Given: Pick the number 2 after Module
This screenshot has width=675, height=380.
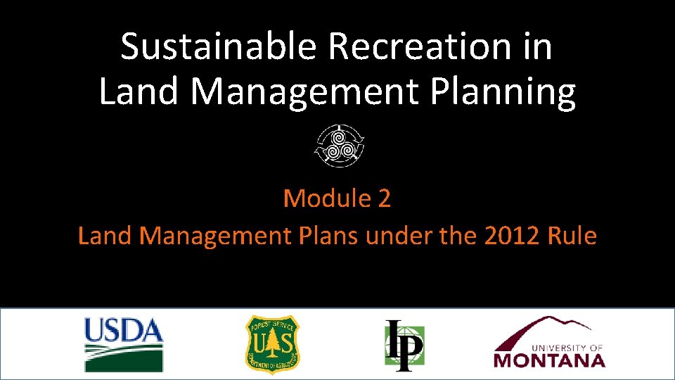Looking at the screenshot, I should click(384, 199).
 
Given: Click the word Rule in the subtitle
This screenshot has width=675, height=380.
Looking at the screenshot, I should click(573, 236).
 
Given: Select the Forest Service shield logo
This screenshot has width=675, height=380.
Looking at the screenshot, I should click(272, 344).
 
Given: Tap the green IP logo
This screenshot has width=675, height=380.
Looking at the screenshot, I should click(404, 345).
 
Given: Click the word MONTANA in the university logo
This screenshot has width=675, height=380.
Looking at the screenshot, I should click(549, 360).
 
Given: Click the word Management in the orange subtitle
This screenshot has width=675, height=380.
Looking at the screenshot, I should click(214, 236).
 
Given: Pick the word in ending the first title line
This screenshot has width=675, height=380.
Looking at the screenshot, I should click(538, 48).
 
